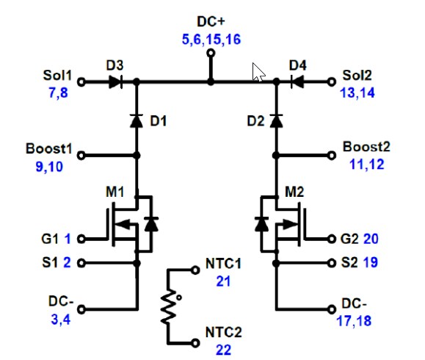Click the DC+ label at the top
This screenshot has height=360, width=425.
pyautogui.click(x=211, y=21)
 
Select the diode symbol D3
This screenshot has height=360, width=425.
pyautogui.click(x=115, y=82)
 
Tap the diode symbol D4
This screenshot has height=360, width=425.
pyautogui.click(x=297, y=82)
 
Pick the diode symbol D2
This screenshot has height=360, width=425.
pyautogui.click(x=277, y=120)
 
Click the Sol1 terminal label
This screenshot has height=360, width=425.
pyautogui.click(x=58, y=75)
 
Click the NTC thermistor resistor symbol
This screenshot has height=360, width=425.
pyautogui.click(x=168, y=306)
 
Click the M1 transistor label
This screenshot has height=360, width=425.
pyautogui.click(x=115, y=192)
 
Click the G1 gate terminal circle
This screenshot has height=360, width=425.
pyautogui.click(x=81, y=239)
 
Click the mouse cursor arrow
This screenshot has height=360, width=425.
pyautogui.click(x=258, y=71)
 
